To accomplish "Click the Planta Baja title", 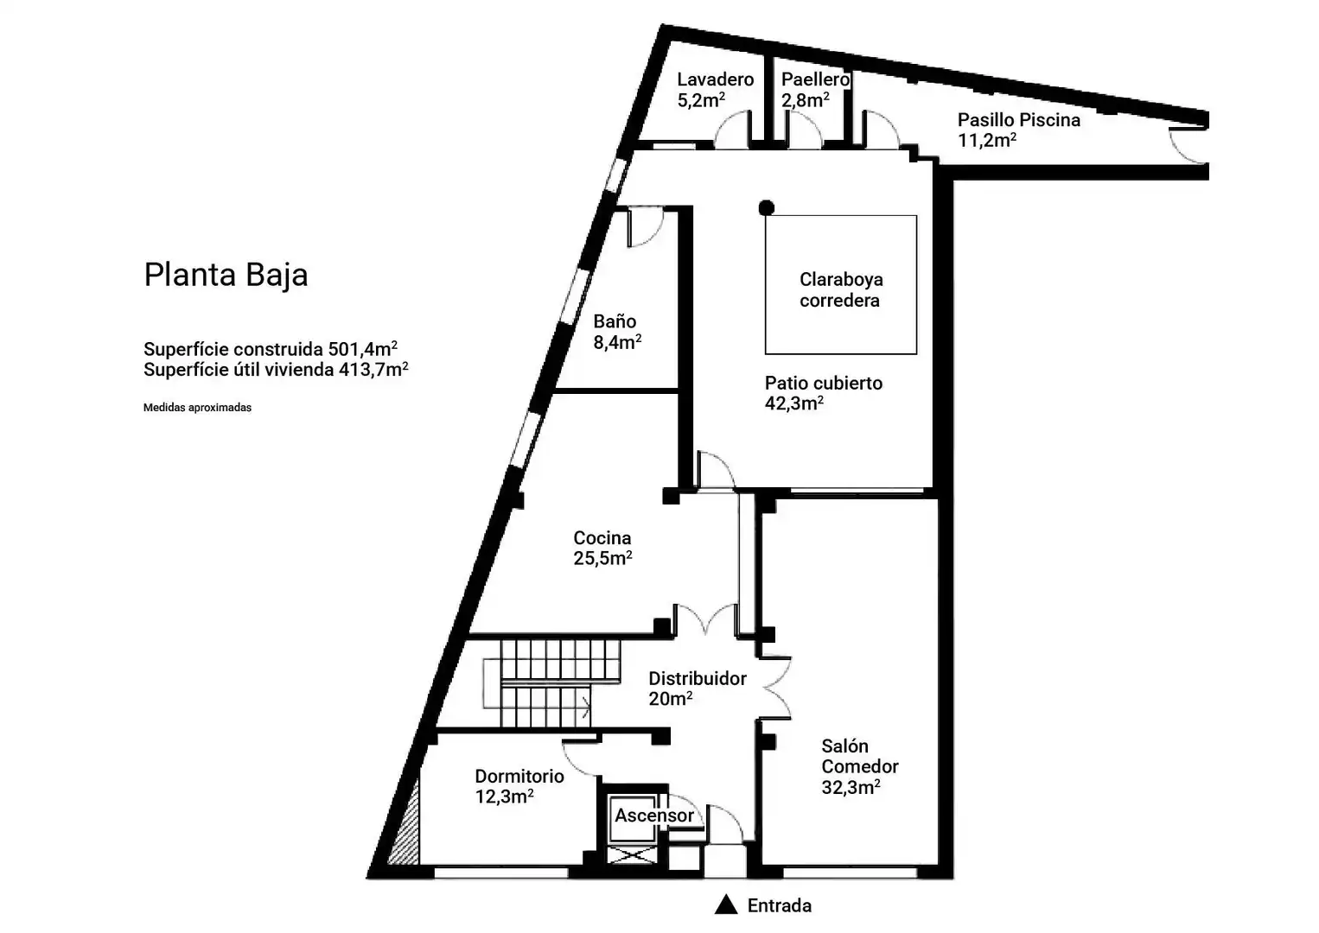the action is pos(226,275).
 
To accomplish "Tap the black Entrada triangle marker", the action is pos(725,904).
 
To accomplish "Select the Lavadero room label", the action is pos(715,79).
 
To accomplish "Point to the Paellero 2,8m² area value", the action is pos(805,100).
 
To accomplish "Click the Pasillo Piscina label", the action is pos(1019,120).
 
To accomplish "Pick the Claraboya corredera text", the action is pos(840,289).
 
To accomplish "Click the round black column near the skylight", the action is pos(766,208).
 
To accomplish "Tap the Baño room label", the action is pos(615,321).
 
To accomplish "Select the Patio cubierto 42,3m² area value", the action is pos(793,403).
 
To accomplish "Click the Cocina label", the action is pos(602,538).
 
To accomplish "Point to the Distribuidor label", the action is pos(698,679).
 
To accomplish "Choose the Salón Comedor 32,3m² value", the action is pos(851,787).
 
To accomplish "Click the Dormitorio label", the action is pos(519,777).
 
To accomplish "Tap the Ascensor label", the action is pos(654,816).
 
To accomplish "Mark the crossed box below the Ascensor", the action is pos(631,855).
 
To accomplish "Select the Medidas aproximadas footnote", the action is pos(197,408).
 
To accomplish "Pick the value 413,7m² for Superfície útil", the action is pos(373,369).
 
